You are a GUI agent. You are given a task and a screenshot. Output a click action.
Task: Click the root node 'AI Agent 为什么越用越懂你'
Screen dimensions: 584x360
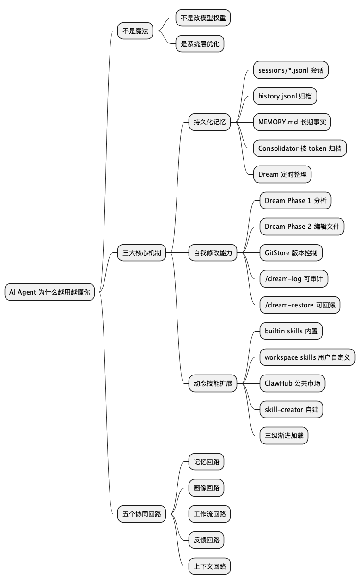pos(49,292)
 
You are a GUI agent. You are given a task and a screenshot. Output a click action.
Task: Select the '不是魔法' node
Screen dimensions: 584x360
pos(135,31)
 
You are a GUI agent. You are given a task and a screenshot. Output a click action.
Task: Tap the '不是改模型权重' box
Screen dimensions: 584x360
pos(203,18)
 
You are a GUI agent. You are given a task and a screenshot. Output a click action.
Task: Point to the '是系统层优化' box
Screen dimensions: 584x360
pos(200,44)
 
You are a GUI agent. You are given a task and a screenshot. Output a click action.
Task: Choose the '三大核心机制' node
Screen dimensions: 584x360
pos(141,253)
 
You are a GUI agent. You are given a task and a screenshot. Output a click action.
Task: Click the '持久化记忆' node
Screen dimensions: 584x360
pos(210,123)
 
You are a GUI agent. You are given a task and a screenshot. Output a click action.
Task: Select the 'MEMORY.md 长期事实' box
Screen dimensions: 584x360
pos(292,123)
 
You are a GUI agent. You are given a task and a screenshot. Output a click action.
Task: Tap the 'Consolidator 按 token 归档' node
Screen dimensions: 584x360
pos(299,148)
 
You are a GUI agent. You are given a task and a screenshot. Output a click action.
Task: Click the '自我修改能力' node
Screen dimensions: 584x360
pos(213,253)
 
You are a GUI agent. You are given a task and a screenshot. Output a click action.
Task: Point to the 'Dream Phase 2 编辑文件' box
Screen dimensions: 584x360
pos(302,227)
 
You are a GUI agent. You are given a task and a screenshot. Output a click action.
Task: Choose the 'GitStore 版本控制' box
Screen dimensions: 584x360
pos(291,253)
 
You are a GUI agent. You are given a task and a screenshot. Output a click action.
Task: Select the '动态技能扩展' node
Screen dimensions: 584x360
pos(213,383)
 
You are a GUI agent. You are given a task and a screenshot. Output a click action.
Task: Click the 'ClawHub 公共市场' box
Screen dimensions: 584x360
pos(293,383)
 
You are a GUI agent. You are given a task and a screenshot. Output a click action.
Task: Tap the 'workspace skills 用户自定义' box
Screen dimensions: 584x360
pos(307,357)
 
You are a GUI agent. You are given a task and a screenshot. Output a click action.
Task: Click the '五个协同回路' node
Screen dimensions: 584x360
pos(141,514)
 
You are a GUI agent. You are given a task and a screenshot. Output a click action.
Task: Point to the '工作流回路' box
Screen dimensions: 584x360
pos(209,514)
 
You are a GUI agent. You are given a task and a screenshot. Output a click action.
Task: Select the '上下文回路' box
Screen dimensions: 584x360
pos(209,566)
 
